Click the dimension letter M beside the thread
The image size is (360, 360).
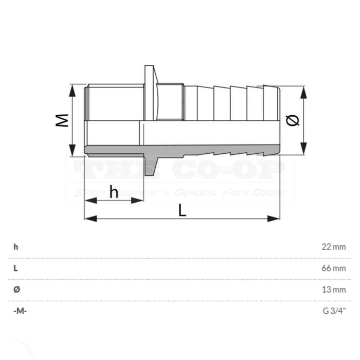click(x=62, y=121)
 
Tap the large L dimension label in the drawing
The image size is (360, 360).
click(x=182, y=210)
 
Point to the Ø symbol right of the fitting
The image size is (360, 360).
click(x=292, y=120)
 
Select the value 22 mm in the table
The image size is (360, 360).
click(x=333, y=247)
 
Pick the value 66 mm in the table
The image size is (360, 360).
click(x=333, y=268)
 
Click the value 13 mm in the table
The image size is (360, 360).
click(x=333, y=290)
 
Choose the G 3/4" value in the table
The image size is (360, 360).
click(x=334, y=311)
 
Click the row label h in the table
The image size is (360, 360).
click(x=16, y=247)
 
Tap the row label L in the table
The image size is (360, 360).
click(x=16, y=268)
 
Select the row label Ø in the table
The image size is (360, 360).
click(x=16, y=290)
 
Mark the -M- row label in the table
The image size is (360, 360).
click(x=20, y=311)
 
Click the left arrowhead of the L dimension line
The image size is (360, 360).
click(x=88, y=219)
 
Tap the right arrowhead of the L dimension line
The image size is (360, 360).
click(x=277, y=219)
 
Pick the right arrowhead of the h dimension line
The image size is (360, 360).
click(x=140, y=200)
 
